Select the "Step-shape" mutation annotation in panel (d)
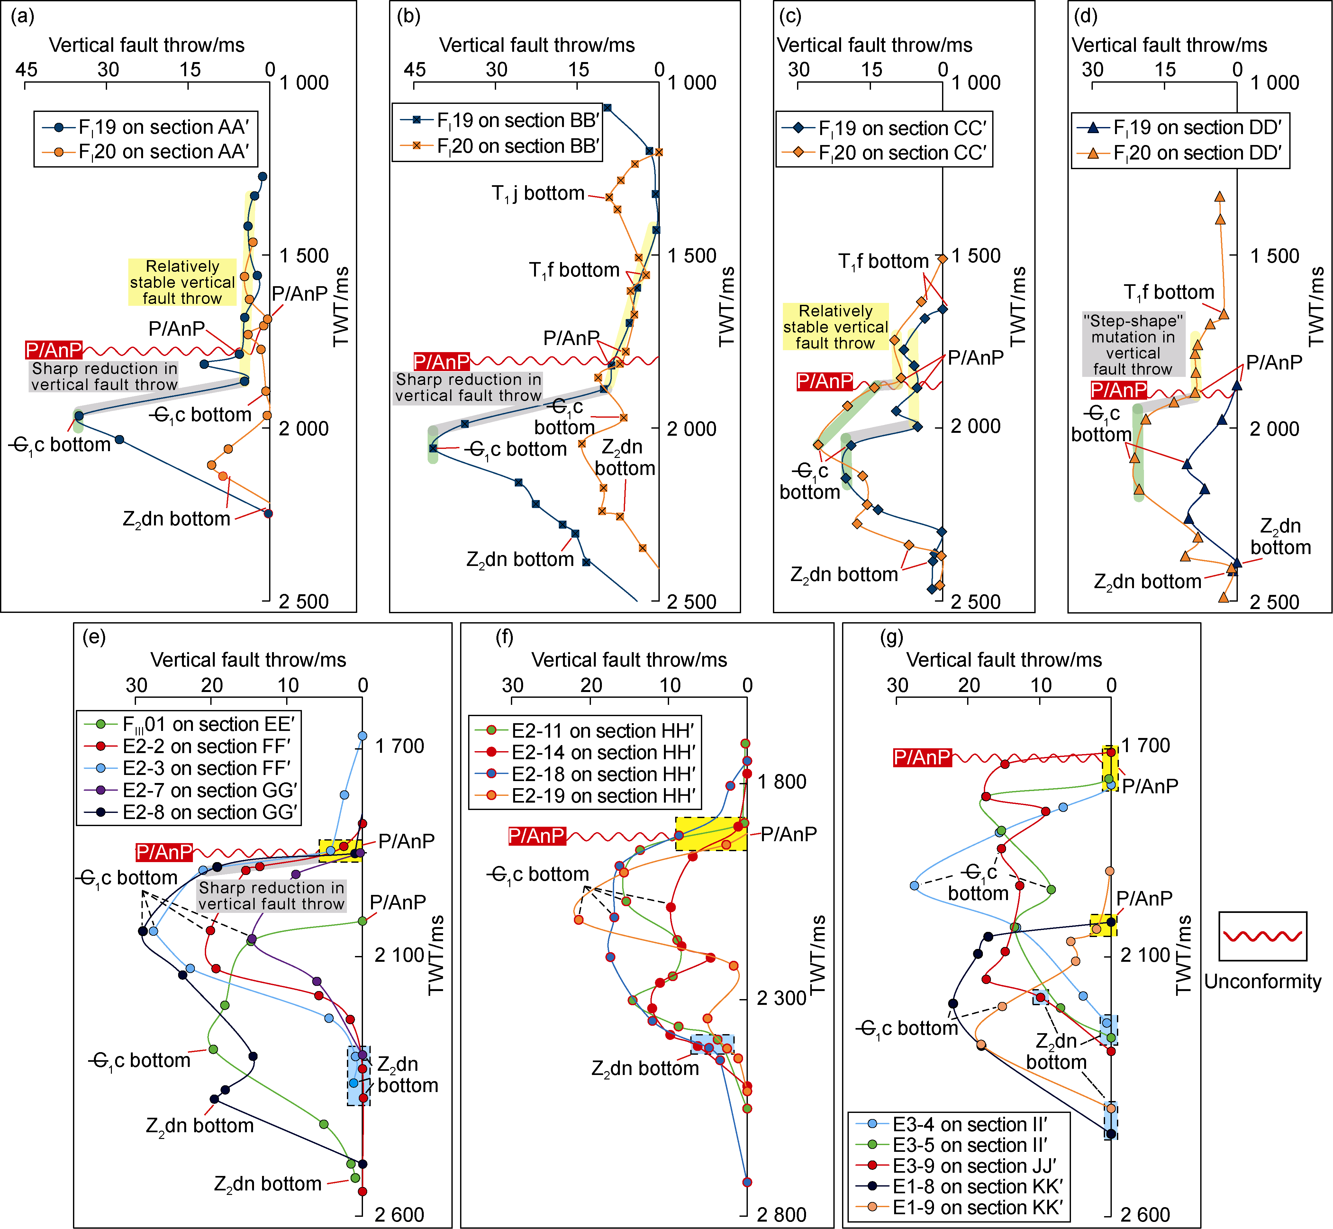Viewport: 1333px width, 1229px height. [1133, 344]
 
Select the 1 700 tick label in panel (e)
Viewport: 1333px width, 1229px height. [399, 746]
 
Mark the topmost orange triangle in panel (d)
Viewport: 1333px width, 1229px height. [1219, 197]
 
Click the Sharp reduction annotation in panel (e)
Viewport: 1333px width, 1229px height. [271, 896]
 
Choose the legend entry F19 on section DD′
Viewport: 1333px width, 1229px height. [1197, 127]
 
